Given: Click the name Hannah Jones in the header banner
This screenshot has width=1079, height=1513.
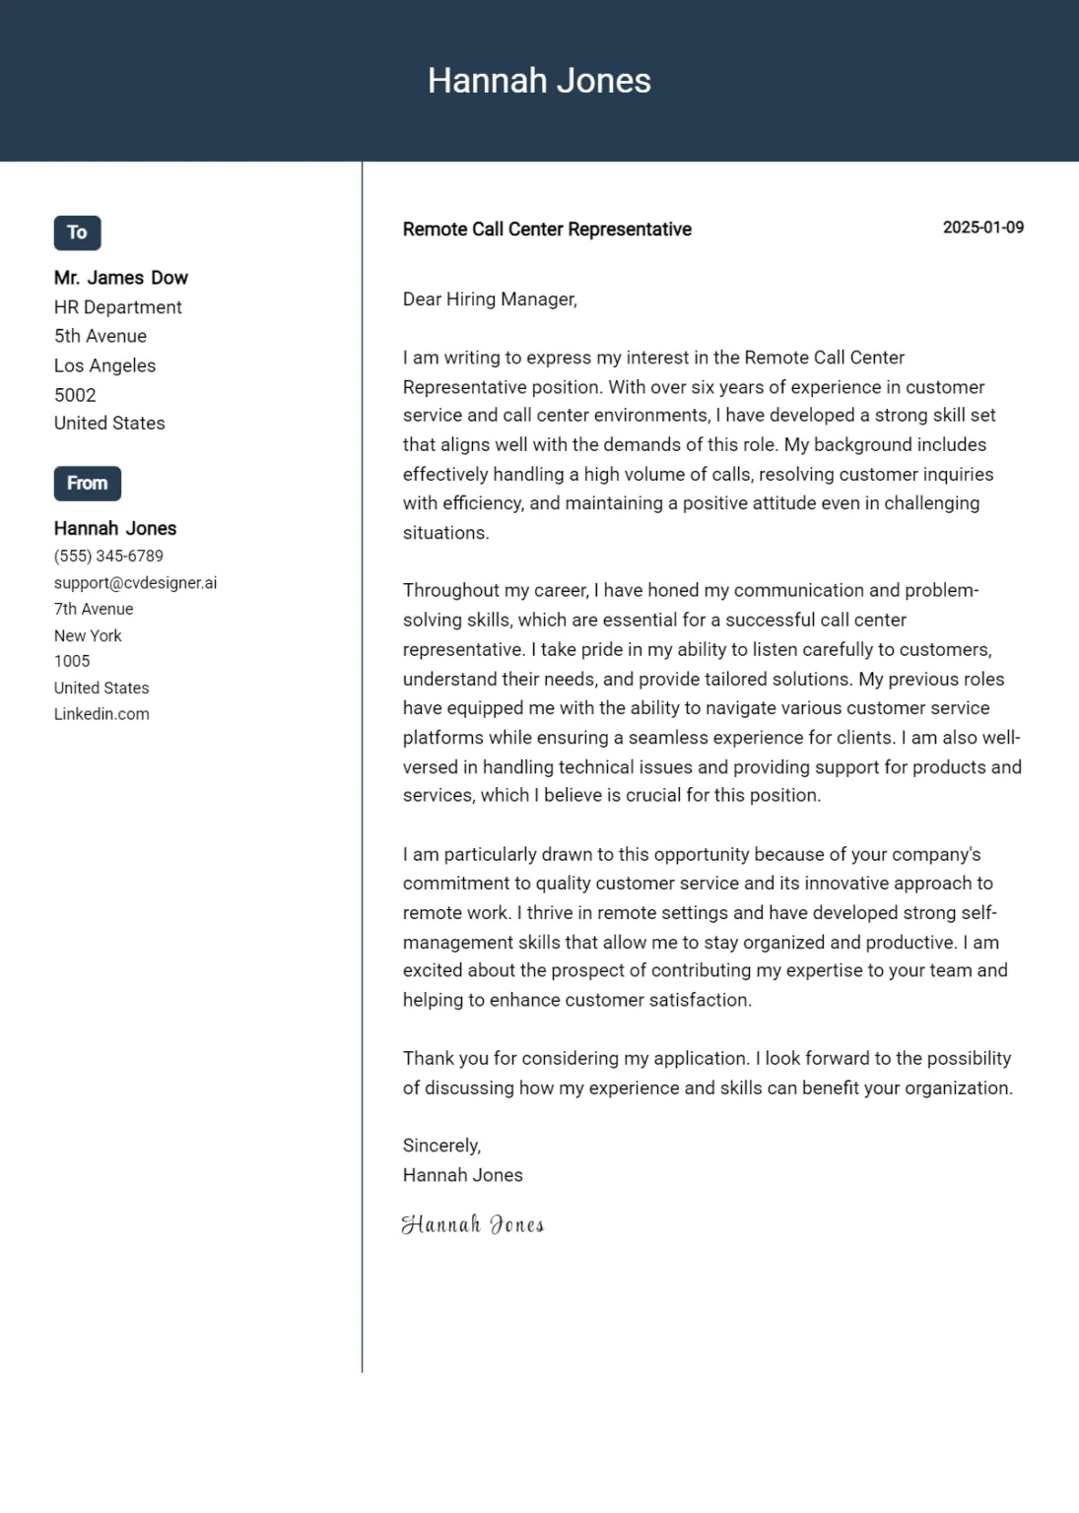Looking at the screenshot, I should pos(539,81).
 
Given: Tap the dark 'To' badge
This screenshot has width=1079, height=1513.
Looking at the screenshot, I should pos(77,232).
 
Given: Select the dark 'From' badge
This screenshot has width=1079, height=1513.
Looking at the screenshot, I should pos(87,484).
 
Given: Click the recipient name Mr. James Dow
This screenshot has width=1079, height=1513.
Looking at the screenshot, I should pos(120,278).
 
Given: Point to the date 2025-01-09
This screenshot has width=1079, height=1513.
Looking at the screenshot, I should pos(982,228).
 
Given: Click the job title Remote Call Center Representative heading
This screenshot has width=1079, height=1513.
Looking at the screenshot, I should pos(547,230).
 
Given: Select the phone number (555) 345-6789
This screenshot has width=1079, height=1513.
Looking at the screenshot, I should pos(108,557).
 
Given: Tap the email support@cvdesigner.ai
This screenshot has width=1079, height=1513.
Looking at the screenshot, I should pos(135,583).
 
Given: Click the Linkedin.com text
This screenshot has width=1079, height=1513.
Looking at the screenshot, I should pos(101,714).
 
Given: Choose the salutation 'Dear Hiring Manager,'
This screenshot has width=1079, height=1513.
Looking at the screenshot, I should pos(490,299).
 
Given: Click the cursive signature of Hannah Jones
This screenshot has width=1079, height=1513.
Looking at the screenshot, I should pos(473,1224).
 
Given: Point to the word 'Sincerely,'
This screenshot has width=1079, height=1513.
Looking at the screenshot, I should pos(441,1146).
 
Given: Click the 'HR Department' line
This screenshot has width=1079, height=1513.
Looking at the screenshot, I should pos(118,307).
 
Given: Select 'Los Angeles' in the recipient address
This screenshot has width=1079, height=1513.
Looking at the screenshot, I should pos(104,365).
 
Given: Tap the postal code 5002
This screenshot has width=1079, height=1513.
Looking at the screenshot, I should pos(75,395).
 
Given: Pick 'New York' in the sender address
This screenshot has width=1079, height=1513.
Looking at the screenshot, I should pos(88,636).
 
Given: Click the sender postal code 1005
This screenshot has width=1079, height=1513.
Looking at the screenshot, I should pos(72,662).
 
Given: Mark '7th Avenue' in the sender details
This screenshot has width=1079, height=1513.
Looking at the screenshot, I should pos(94,610).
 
